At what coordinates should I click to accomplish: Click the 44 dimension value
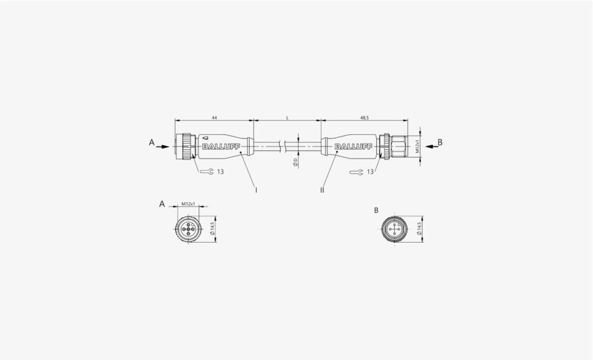coord(214,118)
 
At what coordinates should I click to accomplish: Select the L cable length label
coord(287,118)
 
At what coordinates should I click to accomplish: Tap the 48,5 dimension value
coord(364,118)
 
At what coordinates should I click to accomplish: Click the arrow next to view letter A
coord(163,147)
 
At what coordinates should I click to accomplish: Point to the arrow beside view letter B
coord(432,147)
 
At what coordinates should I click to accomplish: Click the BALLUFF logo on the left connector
coord(221,147)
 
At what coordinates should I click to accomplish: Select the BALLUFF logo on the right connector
coord(353,147)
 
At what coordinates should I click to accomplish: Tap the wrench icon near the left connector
coord(207,172)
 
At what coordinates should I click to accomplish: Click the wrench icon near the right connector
coord(357,172)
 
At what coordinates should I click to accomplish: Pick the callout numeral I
coord(256,190)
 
